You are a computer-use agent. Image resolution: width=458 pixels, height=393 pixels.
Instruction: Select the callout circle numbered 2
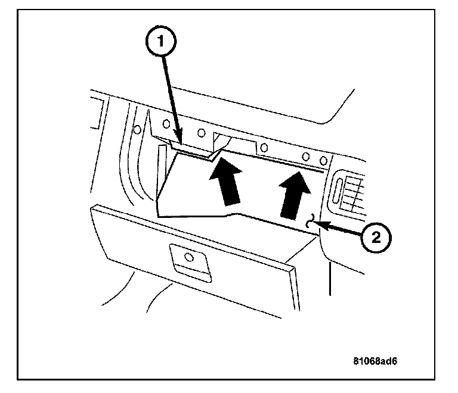(375, 238)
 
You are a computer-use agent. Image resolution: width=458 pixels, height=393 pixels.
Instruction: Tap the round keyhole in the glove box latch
(188, 257)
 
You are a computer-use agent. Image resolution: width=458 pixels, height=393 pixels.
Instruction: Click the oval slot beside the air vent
(338, 192)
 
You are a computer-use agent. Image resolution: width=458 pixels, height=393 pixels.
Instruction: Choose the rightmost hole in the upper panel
(323, 161)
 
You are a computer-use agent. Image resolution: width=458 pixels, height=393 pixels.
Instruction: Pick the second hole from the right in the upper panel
(307, 157)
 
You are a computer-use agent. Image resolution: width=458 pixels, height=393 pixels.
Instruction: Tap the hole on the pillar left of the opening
(136, 129)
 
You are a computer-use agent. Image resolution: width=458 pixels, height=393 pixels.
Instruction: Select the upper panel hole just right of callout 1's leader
(202, 132)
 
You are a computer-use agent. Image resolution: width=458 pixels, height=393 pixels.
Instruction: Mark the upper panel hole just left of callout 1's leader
(166, 125)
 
